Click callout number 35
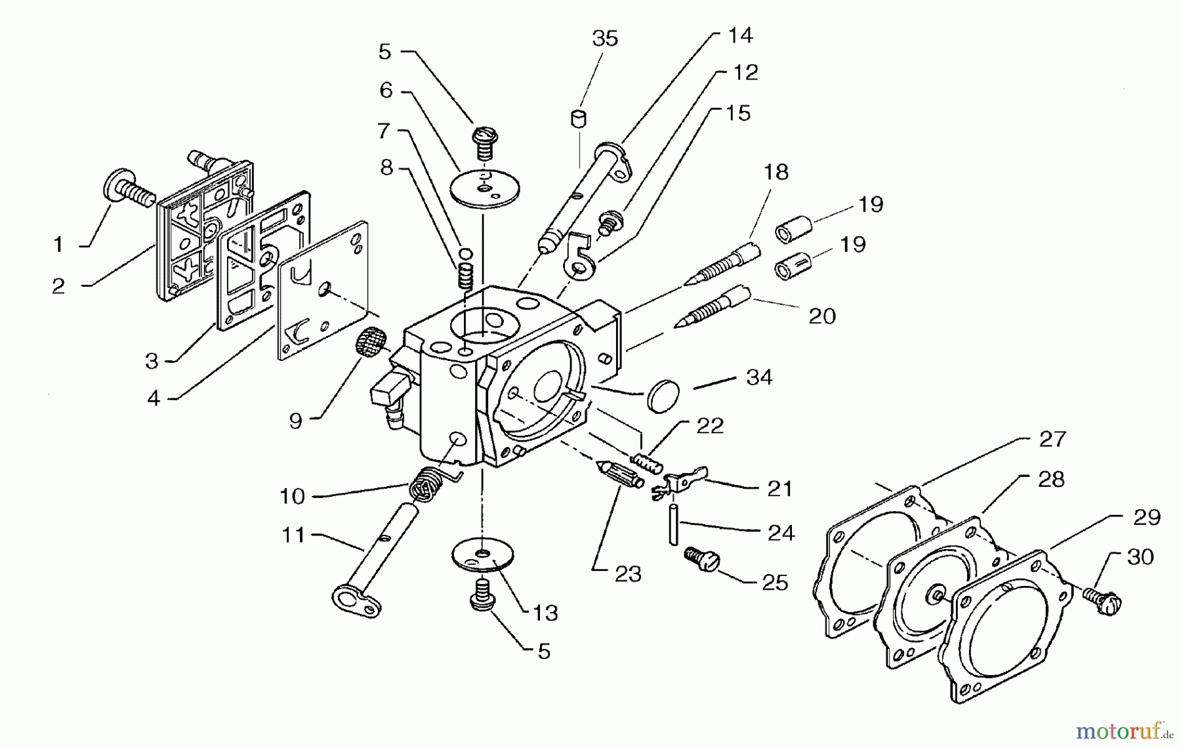point(605,39)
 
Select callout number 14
point(739,35)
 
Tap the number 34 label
point(759,377)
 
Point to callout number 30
point(1140,557)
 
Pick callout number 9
point(296,421)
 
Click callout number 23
point(628,574)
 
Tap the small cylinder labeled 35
point(578,119)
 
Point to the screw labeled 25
point(702,560)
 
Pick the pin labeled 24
point(674,524)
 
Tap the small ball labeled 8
point(466,254)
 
